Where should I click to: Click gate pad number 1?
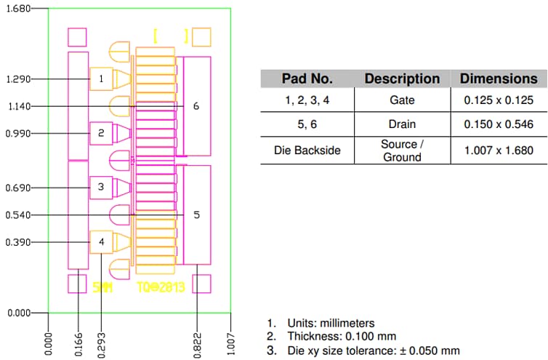[x=101, y=79]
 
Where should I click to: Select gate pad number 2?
[x=101, y=133]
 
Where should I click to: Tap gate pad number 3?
[x=101, y=188]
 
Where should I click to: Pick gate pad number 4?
[x=101, y=241]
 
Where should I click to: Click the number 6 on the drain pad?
[x=196, y=106]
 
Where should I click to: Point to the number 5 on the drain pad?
[x=196, y=215]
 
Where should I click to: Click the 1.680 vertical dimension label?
[x=15, y=9]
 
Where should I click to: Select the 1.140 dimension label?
[x=15, y=106]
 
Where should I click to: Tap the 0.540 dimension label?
[x=15, y=215]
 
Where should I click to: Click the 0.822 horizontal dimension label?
[x=198, y=342]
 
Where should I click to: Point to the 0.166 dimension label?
[x=78, y=342]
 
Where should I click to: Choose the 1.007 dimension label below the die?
[x=230, y=342]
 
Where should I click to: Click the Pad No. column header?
[x=307, y=79]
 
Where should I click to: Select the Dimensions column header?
[x=499, y=79]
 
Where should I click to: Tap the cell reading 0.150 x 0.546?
[x=499, y=124]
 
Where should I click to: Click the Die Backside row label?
[x=307, y=151]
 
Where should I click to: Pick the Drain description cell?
[x=402, y=124]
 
